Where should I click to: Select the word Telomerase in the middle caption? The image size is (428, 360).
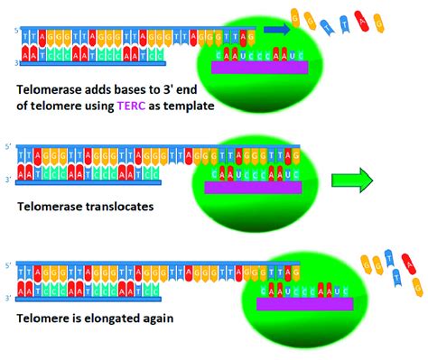(52, 207)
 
